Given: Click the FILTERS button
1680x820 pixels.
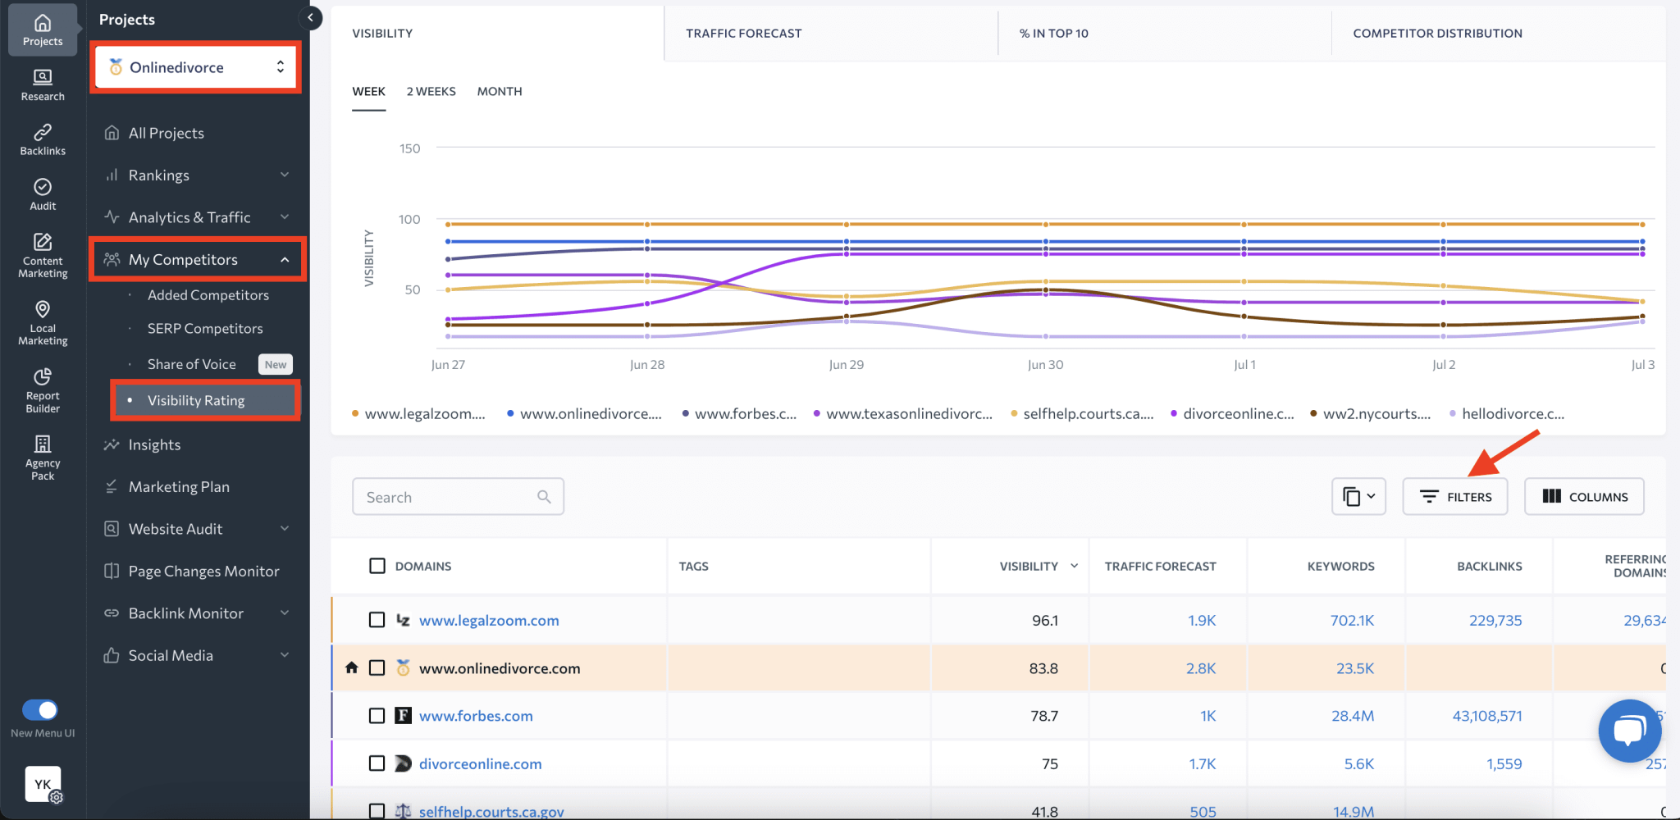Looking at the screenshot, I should point(1454,497).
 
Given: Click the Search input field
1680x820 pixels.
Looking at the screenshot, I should point(447,497).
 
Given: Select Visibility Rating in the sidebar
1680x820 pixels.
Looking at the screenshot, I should point(196,400).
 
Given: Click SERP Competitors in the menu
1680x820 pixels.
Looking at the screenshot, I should point(205,328).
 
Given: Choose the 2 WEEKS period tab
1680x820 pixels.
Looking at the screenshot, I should point(431,91).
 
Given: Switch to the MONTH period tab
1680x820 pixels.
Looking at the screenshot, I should point(499,91).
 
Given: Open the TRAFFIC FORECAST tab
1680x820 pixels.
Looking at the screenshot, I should point(743,34).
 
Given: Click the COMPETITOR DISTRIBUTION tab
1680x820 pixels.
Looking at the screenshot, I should point(1437,34).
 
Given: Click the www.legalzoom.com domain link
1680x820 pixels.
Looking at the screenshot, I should point(489,621).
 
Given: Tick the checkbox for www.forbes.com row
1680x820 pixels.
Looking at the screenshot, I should point(377,716).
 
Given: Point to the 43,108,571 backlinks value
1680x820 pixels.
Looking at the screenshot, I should point(1486,716).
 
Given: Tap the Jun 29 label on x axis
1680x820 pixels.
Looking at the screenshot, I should point(846,365).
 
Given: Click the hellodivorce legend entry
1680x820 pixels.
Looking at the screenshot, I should point(1512,414).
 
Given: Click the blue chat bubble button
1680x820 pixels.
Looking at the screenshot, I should point(1629,730).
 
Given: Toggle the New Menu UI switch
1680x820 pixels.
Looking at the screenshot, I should point(40,709).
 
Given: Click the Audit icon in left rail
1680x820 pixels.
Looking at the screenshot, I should point(43,194).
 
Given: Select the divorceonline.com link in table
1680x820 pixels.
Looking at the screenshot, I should point(480,763).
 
